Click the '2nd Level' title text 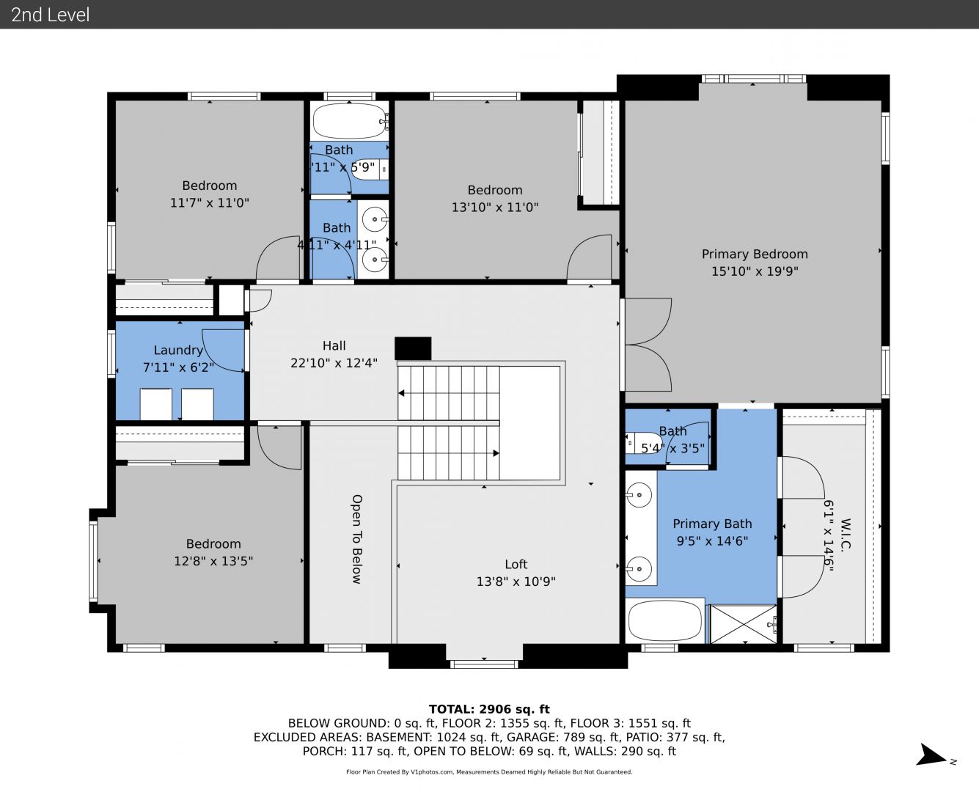tap(50, 15)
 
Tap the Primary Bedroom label tap(755, 254)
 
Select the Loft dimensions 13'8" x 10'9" tap(516, 582)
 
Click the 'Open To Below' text tap(357, 539)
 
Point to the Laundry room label tap(178, 351)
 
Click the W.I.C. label tap(846, 534)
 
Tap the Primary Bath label tap(712, 524)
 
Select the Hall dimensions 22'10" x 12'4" tap(334, 363)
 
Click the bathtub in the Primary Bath tap(664, 621)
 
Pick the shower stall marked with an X tap(743, 624)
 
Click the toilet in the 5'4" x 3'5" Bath tap(644, 443)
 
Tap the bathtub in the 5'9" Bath tap(349, 121)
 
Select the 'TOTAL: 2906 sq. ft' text tap(489, 709)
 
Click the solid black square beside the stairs tap(413, 348)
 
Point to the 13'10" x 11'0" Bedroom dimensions tap(494, 208)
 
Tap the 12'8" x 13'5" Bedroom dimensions tap(213, 561)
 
